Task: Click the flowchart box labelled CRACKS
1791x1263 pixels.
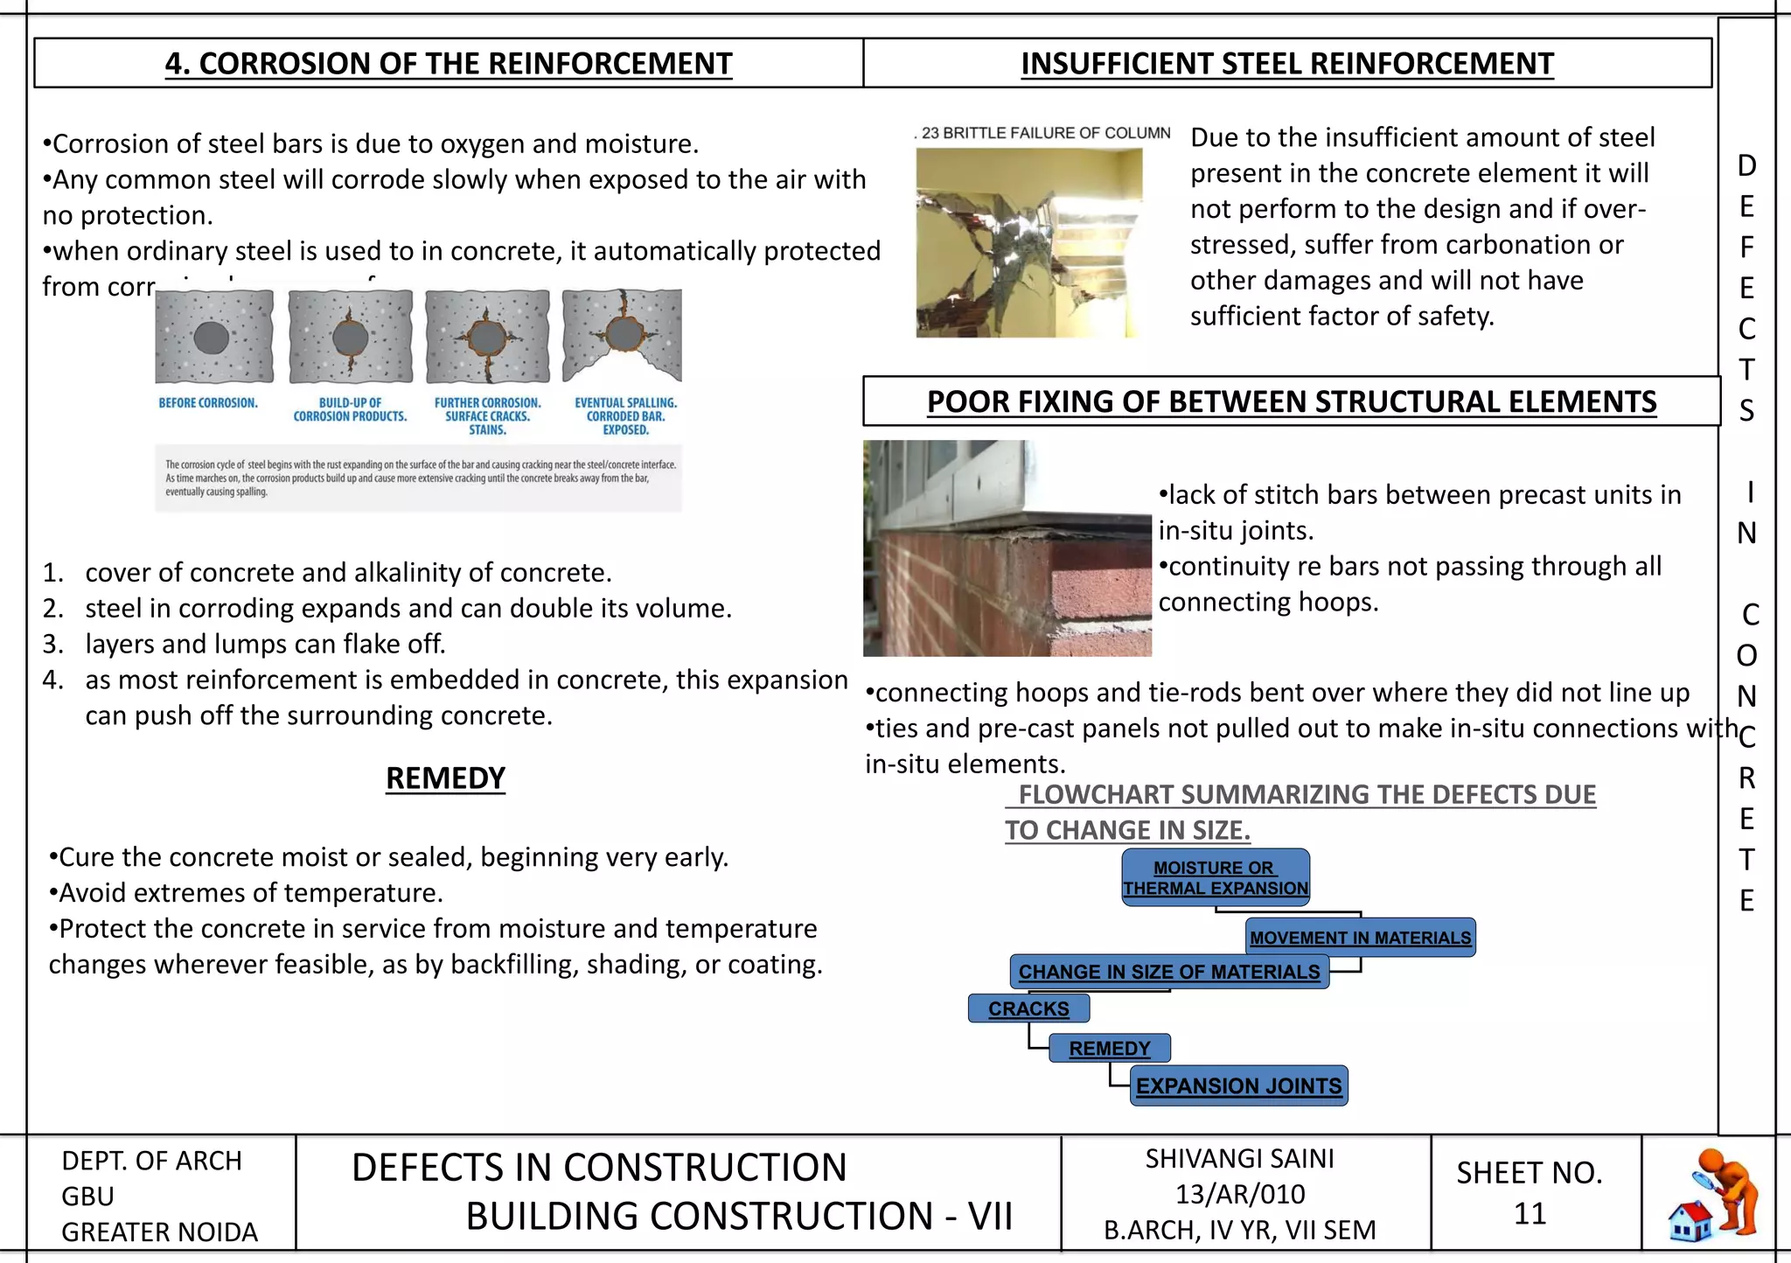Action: tap(1028, 1008)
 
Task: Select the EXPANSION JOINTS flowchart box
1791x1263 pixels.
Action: tap(1238, 1085)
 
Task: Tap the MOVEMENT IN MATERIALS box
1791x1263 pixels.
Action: tap(1360, 938)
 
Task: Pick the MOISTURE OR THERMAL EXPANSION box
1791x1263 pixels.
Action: tap(1216, 877)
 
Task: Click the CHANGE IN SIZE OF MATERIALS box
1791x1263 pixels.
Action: tap(1169, 972)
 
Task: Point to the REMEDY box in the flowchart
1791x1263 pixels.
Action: tap(1109, 1048)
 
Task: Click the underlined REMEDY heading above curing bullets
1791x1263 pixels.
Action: tap(445, 778)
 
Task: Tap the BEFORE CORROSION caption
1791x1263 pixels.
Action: tap(208, 403)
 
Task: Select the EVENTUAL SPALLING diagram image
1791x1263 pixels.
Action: tap(622, 336)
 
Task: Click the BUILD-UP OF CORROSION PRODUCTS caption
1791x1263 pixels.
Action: tap(350, 409)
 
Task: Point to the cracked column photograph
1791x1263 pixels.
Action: tap(1029, 242)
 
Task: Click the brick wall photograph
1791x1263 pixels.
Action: tap(1007, 548)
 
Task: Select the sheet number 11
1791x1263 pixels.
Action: tap(1530, 1213)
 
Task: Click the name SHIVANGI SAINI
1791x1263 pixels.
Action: tap(1239, 1158)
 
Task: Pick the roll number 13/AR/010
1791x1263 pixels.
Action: tap(1239, 1194)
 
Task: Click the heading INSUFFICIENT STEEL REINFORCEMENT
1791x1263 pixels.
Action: tap(1286, 64)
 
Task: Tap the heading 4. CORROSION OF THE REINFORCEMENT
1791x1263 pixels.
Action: tap(449, 64)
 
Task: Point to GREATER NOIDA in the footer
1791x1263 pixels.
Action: tap(159, 1232)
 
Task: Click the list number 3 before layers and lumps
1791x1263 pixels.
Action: tap(52, 644)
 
